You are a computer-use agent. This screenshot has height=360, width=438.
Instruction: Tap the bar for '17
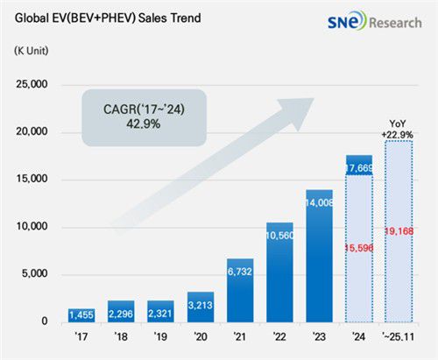point(81,314)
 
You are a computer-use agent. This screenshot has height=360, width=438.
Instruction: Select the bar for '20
point(201,307)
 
